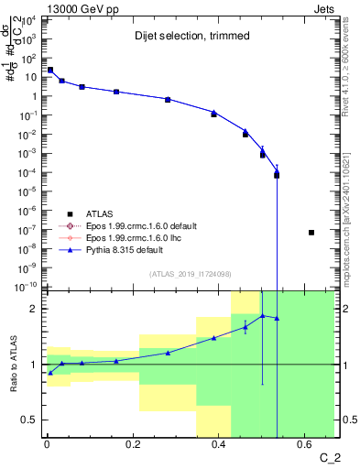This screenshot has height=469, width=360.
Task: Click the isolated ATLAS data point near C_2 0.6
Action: pyautogui.click(x=311, y=233)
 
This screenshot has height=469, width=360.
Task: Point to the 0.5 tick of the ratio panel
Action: pyautogui.click(x=28, y=420)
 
